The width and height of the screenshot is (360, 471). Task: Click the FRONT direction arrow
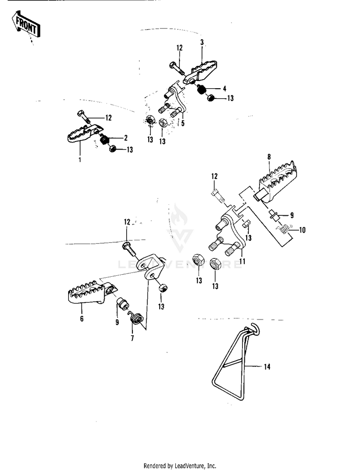coord(26,24)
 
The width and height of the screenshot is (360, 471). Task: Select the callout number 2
coord(126,138)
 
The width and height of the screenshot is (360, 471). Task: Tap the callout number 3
coord(202,42)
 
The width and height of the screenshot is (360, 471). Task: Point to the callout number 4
coord(224,89)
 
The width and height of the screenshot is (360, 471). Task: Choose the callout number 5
coord(182,123)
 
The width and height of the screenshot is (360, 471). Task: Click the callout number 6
coord(82,319)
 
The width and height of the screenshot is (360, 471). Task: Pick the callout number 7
coord(132,338)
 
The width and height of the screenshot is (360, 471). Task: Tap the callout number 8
coord(269,156)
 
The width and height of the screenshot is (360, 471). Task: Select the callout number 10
coord(302,230)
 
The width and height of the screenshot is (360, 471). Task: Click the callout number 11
coord(243,261)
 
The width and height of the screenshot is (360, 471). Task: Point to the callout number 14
coord(267,367)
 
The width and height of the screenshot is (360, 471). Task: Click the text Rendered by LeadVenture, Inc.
coord(180,466)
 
